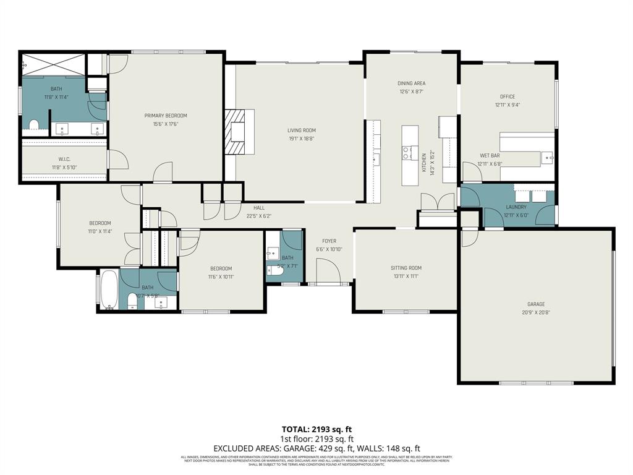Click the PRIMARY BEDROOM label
point(166,116)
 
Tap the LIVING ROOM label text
point(301,131)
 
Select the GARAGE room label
point(536,304)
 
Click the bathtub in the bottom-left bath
point(109,289)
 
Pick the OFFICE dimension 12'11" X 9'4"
point(507,105)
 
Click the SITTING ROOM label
point(406,268)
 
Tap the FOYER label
point(329,241)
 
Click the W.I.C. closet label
point(64,159)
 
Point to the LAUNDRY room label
point(516,207)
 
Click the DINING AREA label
point(411,83)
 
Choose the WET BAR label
point(490,156)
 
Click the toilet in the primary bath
point(34,126)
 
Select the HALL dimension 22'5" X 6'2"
point(259,216)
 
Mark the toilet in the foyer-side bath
point(278,270)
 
